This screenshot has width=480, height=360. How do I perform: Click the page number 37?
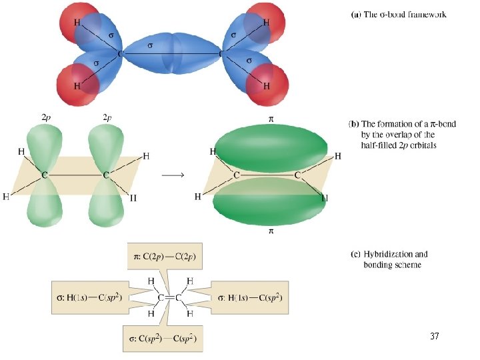(x=435, y=336)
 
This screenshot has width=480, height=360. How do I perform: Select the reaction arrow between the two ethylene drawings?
(x=173, y=175)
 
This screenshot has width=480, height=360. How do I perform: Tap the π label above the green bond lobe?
(x=271, y=119)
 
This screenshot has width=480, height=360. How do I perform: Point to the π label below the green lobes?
(x=271, y=231)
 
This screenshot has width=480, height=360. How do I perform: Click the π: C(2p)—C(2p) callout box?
(x=165, y=256)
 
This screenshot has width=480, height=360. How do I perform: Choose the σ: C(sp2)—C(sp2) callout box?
(x=163, y=338)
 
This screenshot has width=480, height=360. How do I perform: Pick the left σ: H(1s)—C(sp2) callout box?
(x=90, y=297)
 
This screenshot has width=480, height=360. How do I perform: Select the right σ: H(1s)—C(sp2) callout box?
(x=250, y=297)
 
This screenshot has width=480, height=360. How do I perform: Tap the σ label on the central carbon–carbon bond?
(x=150, y=45)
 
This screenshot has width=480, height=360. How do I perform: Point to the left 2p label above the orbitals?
(x=46, y=117)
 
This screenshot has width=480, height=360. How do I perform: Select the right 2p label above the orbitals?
(x=107, y=117)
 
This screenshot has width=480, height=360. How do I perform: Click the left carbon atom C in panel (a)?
(x=120, y=54)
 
